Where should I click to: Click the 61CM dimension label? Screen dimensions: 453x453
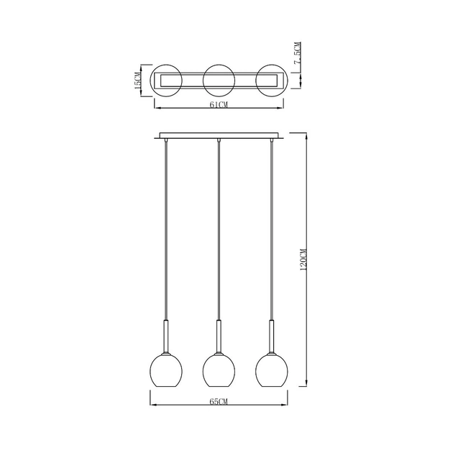pos(219,104)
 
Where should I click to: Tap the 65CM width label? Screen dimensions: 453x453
pos(219,401)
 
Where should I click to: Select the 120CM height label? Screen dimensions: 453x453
pos(303,259)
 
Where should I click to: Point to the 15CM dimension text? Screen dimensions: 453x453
pos(138,81)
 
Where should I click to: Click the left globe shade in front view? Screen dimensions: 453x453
pos(166,370)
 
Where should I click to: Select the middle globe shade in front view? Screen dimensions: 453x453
pos(219,370)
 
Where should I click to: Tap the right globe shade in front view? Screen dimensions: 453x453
pos(272,370)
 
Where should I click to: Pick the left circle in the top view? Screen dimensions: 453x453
pos(150,81)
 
